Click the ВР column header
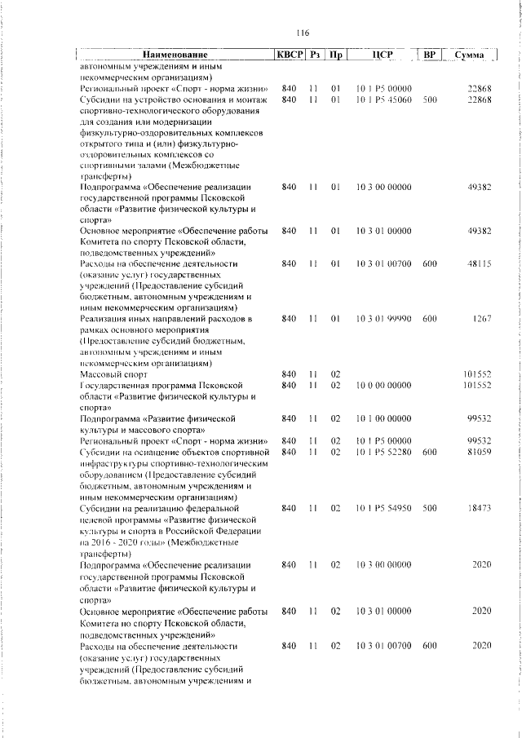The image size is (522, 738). (431, 55)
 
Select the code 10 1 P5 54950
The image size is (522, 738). (383, 508)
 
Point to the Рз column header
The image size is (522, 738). (314, 55)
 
